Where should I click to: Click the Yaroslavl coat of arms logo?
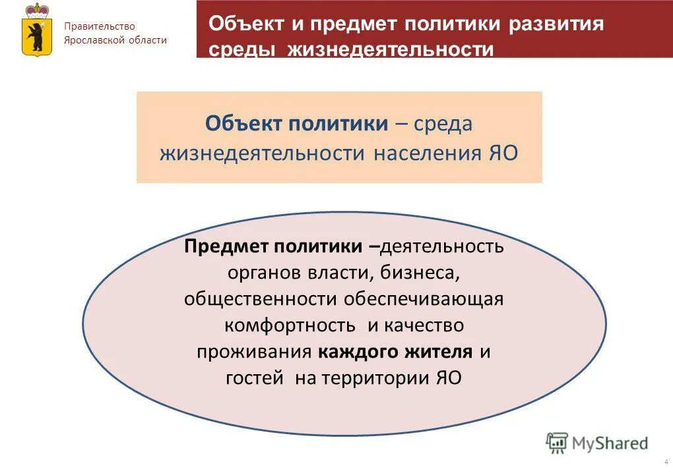(37, 29)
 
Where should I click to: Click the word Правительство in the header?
(100, 26)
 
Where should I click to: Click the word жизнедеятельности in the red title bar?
(391, 50)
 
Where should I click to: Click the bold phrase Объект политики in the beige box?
(296, 123)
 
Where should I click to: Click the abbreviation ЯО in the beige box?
(502, 153)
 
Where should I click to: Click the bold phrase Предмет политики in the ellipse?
(273, 246)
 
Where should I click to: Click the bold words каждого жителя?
(395, 351)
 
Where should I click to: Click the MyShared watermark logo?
(597, 443)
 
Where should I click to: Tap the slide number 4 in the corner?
(666, 461)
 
